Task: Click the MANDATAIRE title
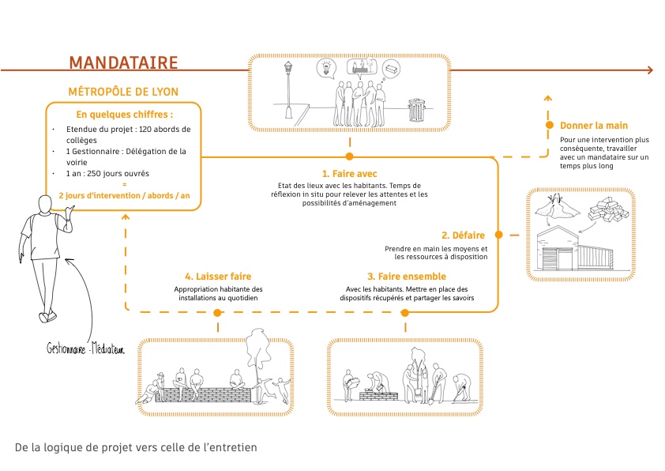click(123, 62)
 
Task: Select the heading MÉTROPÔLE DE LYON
click(123, 92)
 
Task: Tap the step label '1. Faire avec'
click(349, 172)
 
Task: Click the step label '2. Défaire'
click(465, 235)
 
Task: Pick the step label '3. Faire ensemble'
click(407, 277)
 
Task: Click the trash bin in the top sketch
click(416, 110)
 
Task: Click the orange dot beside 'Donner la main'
click(549, 126)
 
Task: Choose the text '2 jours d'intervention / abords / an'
click(123, 194)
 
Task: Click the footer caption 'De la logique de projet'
click(136, 447)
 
